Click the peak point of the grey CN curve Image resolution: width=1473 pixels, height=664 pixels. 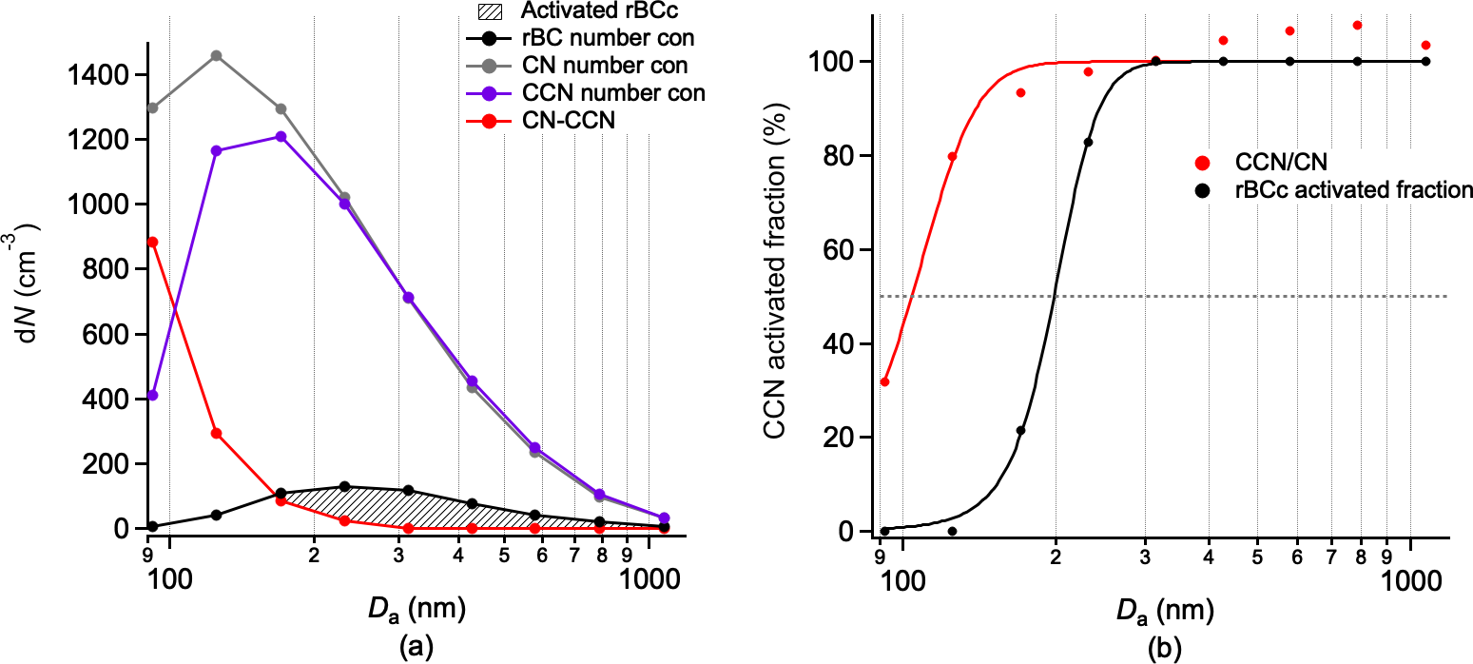216,55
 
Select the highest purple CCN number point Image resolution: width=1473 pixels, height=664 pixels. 281,136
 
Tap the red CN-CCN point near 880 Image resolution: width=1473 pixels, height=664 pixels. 152,242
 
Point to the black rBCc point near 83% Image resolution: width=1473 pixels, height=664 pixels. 1088,143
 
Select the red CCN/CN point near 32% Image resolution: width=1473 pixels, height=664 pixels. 884,381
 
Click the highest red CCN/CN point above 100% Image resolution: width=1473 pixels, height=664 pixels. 1357,25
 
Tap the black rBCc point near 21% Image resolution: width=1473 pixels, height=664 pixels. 1020,430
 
